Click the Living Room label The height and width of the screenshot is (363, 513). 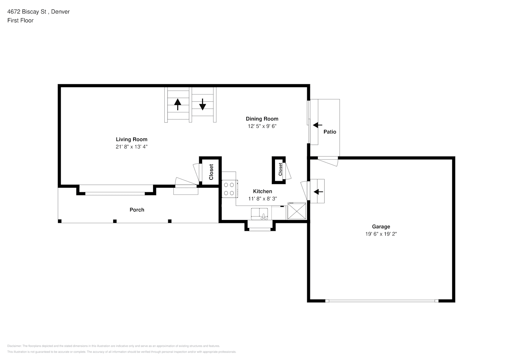coord(131,139)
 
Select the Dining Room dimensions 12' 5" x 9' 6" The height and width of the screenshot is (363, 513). coord(262,126)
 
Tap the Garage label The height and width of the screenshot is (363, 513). coord(381,227)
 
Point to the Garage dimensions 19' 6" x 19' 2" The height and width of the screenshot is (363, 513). coord(381,234)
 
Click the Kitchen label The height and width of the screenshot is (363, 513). coord(262,191)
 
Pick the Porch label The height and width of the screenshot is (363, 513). coord(137,210)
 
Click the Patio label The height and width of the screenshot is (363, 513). coord(329,132)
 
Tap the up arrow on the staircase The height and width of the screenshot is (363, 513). coord(178,104)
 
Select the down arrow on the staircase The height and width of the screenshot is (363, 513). coord(202,104)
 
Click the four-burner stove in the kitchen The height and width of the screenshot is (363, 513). coord(229,189)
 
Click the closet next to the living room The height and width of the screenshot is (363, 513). coord(211,172)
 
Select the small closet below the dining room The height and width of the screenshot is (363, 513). coord(279,170)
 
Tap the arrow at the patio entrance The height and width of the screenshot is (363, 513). coord(317,125)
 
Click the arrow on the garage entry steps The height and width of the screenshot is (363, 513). coord(318,192)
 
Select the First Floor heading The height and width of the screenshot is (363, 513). coord(20,20)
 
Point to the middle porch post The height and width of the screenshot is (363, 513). coord(115,221)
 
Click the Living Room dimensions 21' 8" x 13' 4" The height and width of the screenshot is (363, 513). coord(131,147)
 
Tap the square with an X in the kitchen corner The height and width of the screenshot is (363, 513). coord(297,211)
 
